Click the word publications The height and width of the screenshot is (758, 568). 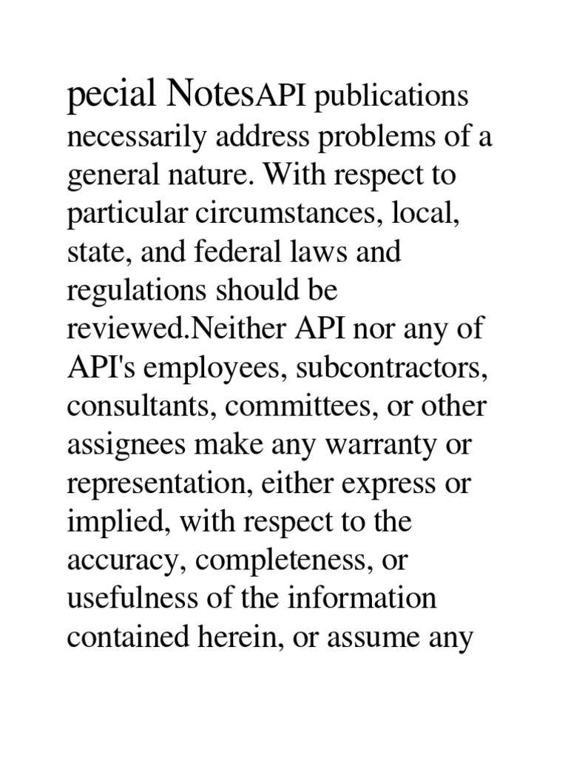click(x=392, y=98)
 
